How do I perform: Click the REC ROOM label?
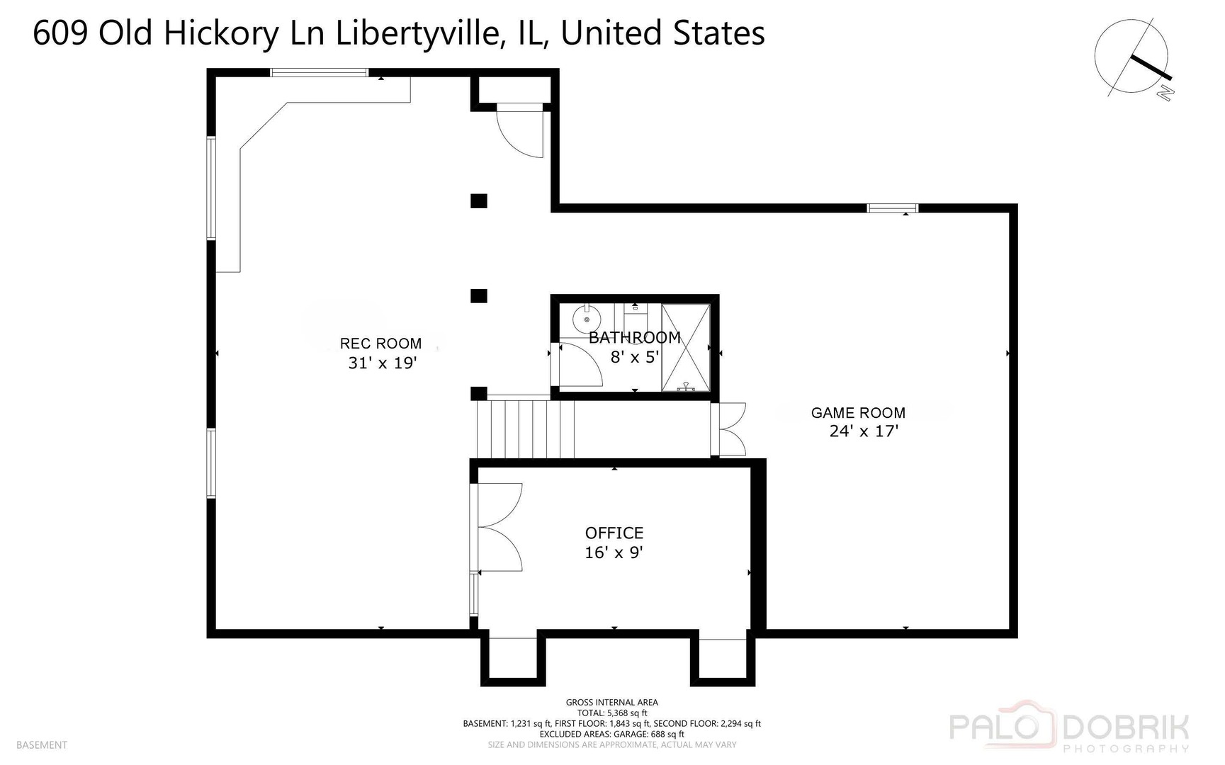[x=380, y=344]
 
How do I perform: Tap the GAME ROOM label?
[x=858, y=413]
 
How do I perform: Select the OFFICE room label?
[x=614, y=533]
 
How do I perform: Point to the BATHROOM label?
[x=634, y=337]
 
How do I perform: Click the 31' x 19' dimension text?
[x=382, y=363]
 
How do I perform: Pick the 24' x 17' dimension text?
[x=864, y=431]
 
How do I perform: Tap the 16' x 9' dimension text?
[x=614, y=552]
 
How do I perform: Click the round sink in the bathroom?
[x=587, y=319]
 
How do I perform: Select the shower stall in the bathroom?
[x=685, y=347]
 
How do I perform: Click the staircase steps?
[x=524, y=429]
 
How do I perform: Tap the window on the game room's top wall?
[x=892, y=208]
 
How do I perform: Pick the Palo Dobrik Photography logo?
[x=1068, y=730]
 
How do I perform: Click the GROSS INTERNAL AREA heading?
[x=611, y=703]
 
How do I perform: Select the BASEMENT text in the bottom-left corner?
[x=42, y=744]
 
